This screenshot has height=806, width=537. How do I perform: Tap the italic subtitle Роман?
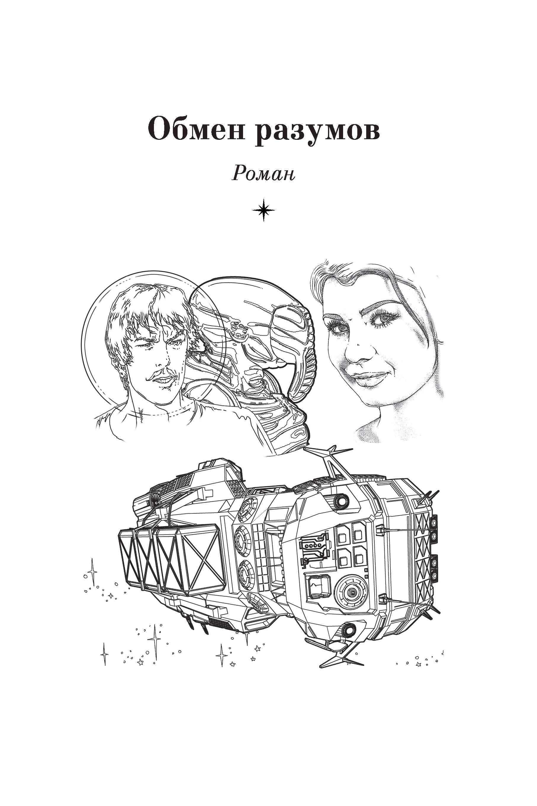[x=263, y=174]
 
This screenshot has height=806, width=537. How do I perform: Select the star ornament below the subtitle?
[x=263, y=209]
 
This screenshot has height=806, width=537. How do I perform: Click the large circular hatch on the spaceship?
[x=351, y=592]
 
